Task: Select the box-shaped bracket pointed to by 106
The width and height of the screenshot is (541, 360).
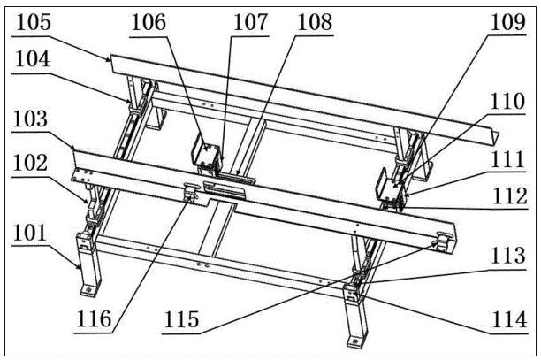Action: coord(208,157)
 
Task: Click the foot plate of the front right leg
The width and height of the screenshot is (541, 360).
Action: coord(353,338)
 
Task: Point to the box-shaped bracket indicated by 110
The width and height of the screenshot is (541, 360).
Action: coord(391,182)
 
